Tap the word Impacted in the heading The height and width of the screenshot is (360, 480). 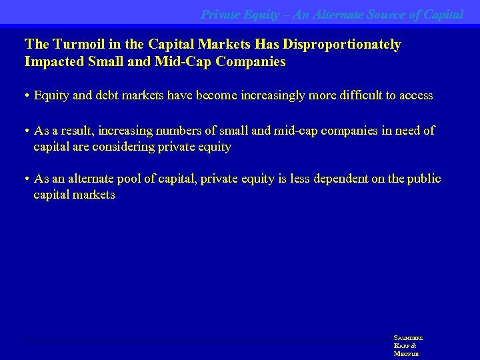pyautogui.click(x=53, y=62)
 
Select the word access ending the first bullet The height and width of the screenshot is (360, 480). pyautogui.click(x=416, y=96)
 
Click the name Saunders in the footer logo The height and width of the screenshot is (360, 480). pyautogui.click(x=408, y=338)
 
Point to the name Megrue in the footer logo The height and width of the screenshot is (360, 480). pyautogui.click(x=406, y=354)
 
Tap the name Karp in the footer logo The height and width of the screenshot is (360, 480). pyautogui.click(x=402, y=346)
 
